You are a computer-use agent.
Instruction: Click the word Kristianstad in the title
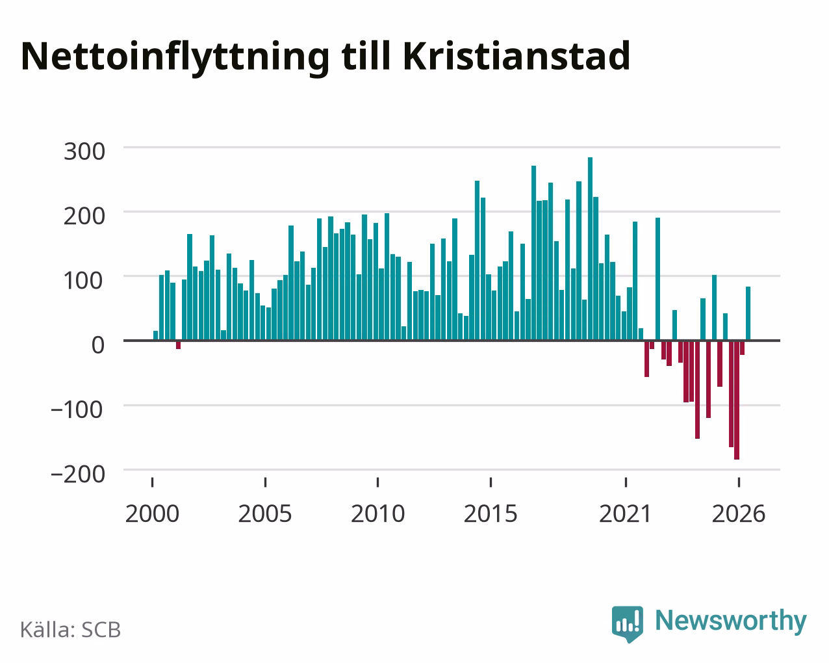517,57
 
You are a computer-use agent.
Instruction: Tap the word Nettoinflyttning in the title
175,58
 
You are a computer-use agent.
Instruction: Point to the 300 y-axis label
84,151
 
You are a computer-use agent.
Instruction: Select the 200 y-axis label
84,216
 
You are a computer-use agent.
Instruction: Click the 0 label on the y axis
98,345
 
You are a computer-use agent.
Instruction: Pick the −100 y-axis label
77,409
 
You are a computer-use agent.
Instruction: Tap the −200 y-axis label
77,474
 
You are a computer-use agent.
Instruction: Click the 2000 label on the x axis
152,513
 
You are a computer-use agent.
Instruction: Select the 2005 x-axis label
265,513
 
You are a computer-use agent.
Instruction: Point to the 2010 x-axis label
378,513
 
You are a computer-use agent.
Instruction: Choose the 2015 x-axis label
491,513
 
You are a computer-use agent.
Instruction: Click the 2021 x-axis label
625,513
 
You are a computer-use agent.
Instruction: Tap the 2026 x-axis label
739,513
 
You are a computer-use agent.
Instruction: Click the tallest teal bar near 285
590,248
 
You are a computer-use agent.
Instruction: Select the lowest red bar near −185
737,400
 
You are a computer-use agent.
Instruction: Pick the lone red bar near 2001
179,345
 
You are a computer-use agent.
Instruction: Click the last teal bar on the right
748,314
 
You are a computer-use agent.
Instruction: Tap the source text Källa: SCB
71,630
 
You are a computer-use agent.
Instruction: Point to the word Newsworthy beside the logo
731,621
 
